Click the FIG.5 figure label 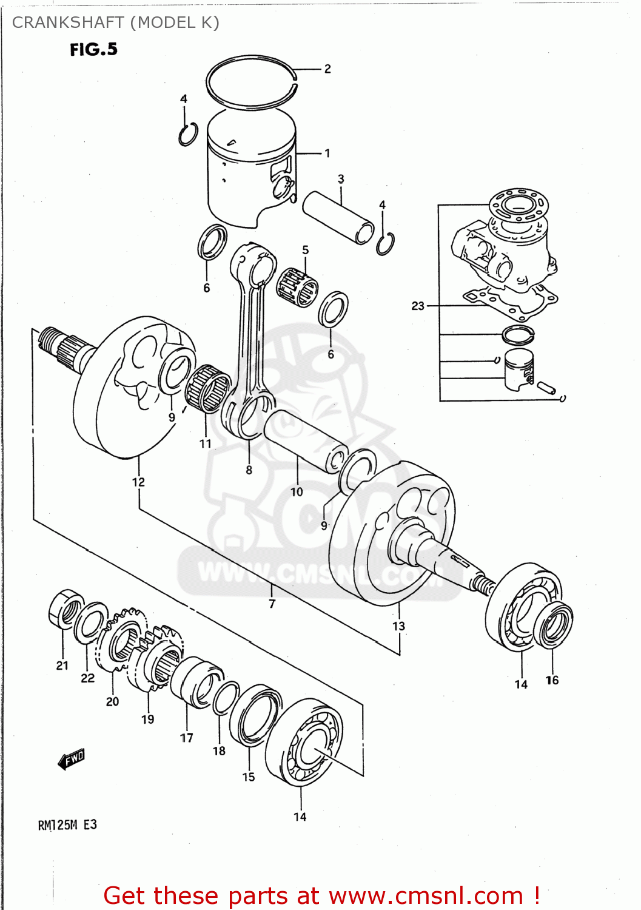pyautogui.click(x=93, y=50)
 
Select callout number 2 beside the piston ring pyautogui.click(x=327, y=69)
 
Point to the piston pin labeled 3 pyautogui.click(x=338, y=217)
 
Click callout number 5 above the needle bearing pyautogui.click(x=305, y=250)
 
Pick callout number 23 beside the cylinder pyautogui.click(x=418, y=306)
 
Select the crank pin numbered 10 pyautogui.click(x=303, y=440)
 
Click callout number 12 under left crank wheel pyautogui.click(x=138, y=482)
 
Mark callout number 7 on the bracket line pyautogui.click(x=272, y=604)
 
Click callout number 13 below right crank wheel pyautogui.click(x=398, y=626)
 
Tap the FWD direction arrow pyautogui.click(x=71, y=759)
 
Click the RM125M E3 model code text pyautogui.click(x=67, y=825)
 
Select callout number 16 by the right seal pyautogui.click(x=552, y=680)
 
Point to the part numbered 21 pyautogui.click(x=65, y=608)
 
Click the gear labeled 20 pyautogui.click(x=124, y=640)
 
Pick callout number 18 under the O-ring pyautogui.click(x=219, y=751)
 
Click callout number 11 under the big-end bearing pyautogui.click(x=206, y=443)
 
